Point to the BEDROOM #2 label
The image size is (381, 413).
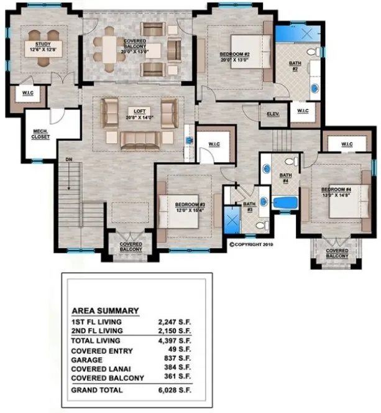click(234, 55)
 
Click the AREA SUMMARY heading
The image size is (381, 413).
click(105, 311)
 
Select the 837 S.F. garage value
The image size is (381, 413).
click(177, 358)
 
